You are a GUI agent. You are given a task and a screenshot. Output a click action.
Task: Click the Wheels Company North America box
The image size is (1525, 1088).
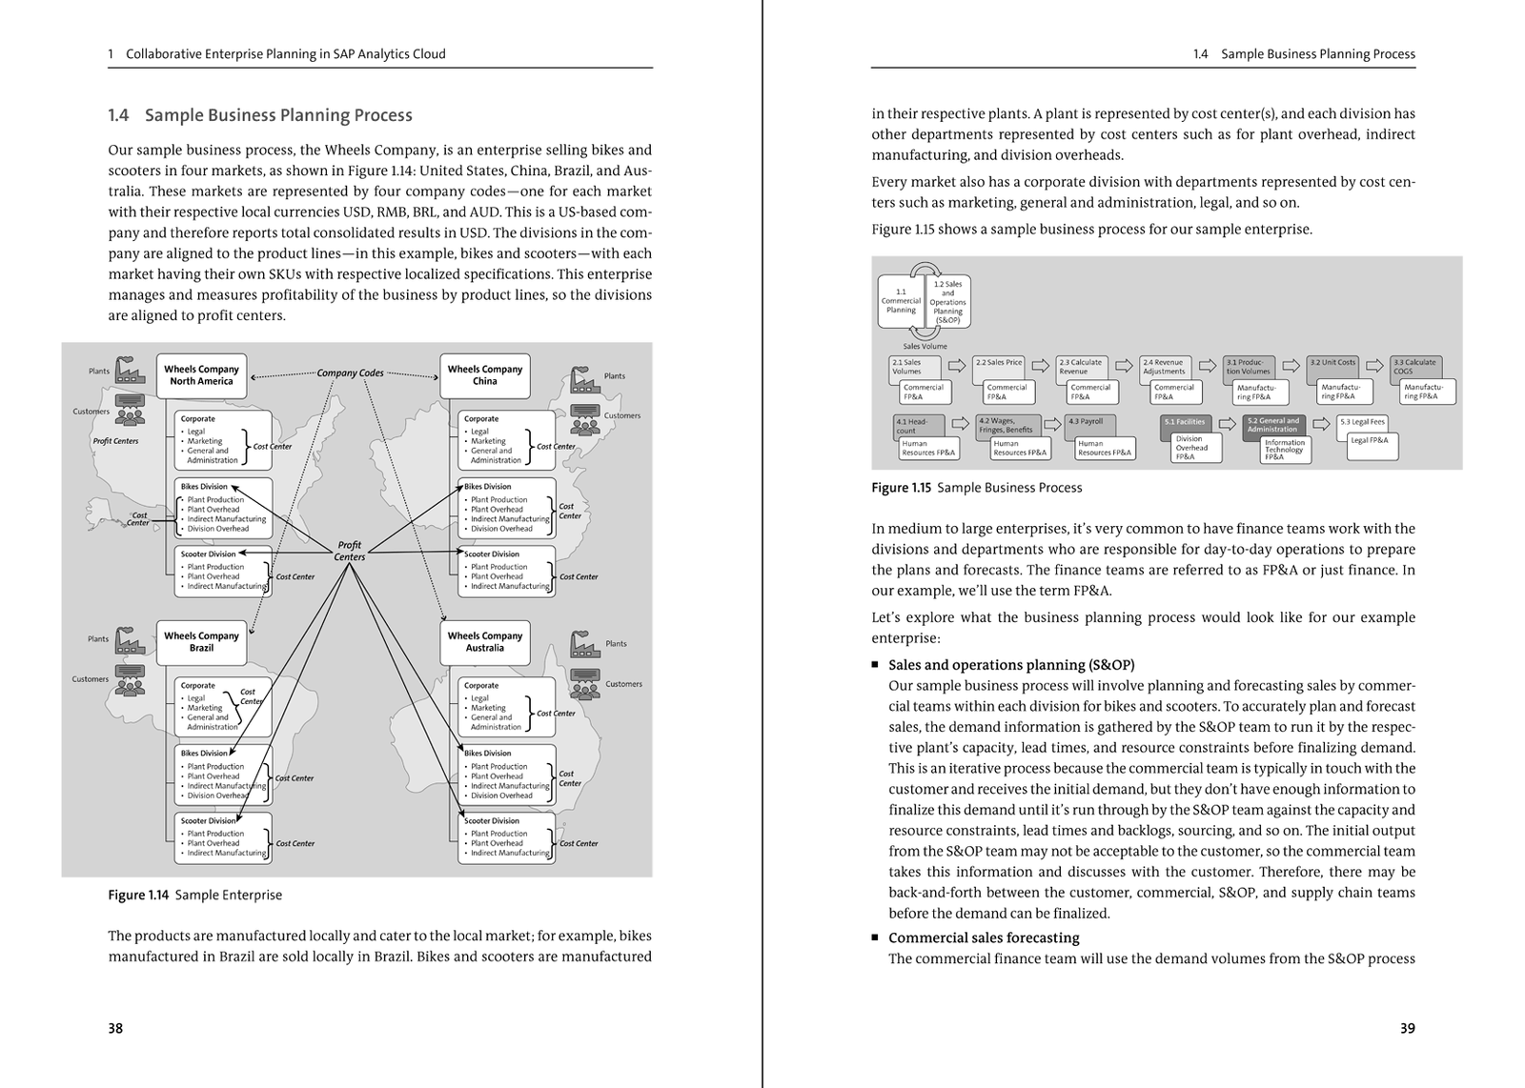(201, 375)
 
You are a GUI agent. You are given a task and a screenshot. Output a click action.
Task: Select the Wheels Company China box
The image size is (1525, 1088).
(484, 375)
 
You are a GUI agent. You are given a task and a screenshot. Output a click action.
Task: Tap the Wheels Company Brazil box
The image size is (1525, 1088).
(201, 642)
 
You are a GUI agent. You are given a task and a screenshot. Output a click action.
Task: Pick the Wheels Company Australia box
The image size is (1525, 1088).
(484, 642)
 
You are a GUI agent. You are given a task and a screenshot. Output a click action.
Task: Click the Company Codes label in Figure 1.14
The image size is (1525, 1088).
(350, 373)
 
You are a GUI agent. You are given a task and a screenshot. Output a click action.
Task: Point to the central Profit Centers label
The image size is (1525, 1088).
(350, 552)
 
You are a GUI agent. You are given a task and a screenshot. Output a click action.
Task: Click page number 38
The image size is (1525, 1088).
(115, 1028)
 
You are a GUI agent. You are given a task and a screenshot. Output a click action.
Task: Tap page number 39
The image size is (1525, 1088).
(1408, 1028)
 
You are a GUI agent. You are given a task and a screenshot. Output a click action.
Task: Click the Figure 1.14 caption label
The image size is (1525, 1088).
(138, 896)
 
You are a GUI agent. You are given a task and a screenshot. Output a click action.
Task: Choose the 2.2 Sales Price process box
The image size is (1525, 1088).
(998, 364)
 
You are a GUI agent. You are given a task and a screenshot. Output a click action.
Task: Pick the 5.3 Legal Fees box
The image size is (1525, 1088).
(1362, 422)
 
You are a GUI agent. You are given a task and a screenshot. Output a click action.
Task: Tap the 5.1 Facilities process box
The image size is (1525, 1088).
(1185, 422)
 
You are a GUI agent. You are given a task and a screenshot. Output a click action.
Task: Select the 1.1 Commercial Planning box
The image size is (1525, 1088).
(900, 300)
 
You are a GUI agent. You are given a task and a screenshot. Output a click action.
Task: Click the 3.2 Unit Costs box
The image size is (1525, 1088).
(1332, 364)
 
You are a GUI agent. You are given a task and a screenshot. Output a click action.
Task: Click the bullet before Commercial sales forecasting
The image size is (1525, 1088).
(876, 937)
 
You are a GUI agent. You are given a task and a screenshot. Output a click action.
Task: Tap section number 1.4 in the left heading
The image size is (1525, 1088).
(118, 115)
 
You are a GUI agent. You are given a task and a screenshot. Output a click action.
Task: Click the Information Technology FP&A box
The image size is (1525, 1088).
(1284, 450)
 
